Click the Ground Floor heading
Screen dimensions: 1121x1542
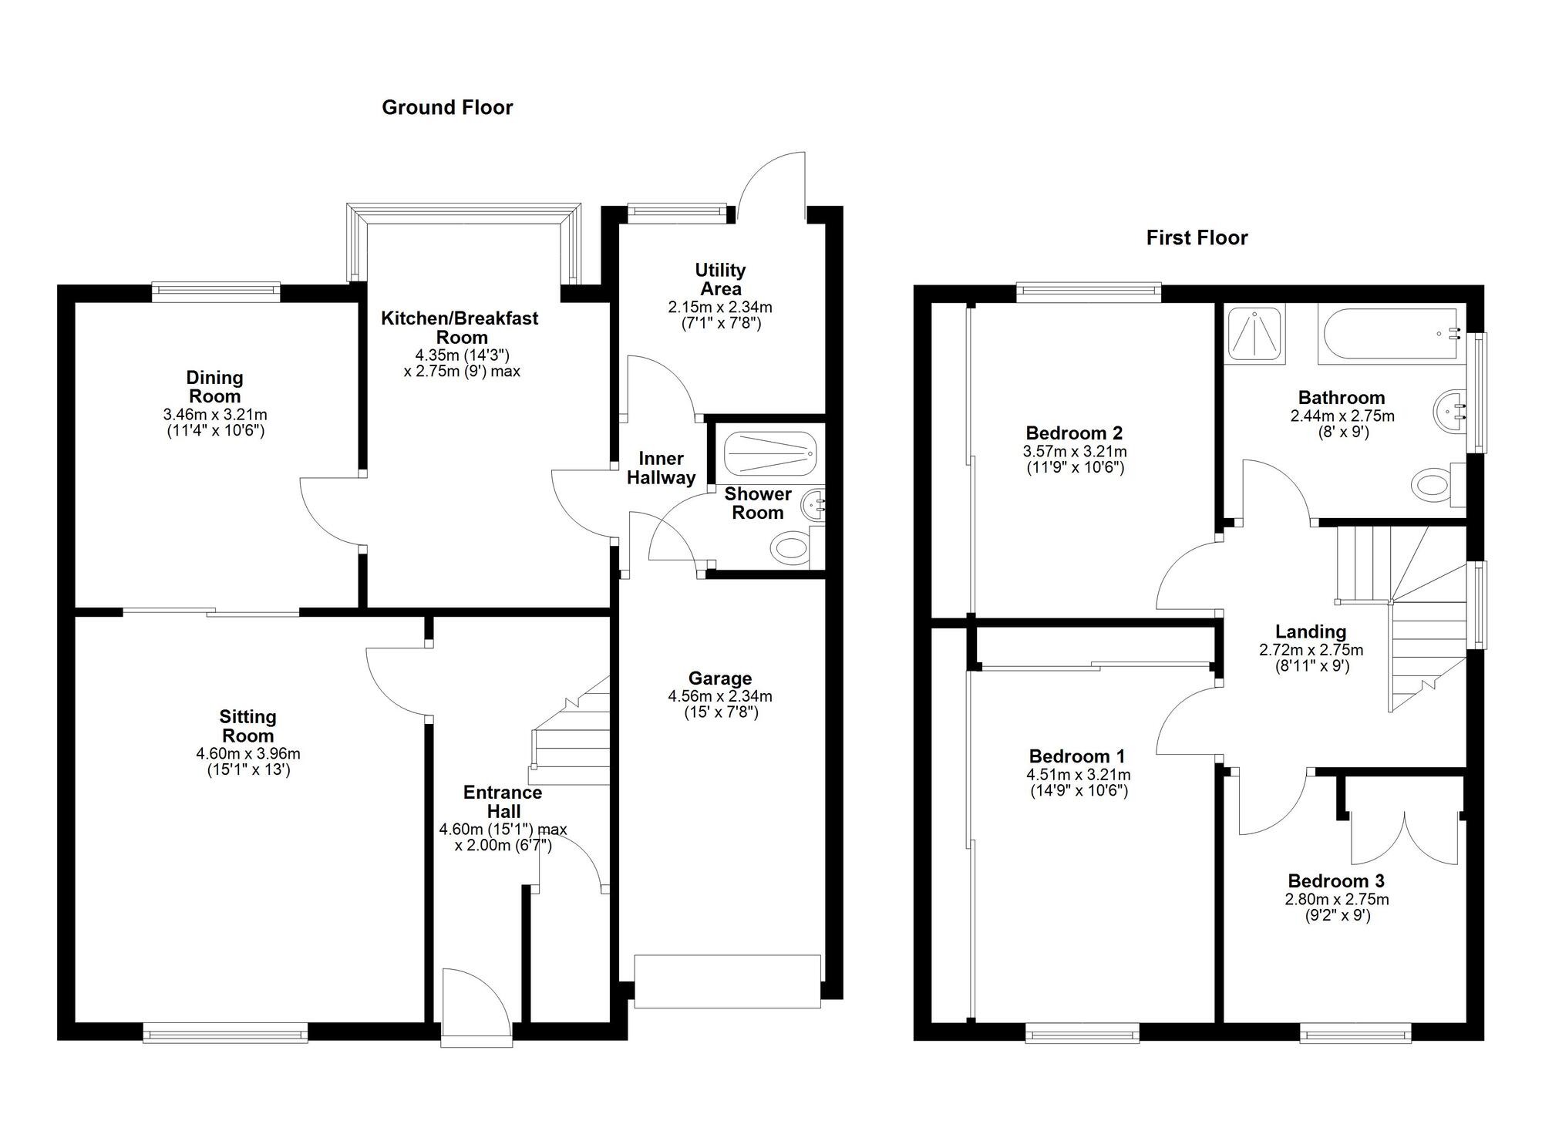(447, 107)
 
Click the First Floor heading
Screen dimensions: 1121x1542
(1197, 237)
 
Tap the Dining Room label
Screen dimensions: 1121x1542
(215, 387)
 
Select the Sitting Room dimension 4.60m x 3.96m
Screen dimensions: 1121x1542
(248, 753)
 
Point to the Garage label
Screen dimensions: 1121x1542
(720, 678)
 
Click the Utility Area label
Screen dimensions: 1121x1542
(720, 279)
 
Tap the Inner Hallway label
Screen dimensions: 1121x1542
(661, 468)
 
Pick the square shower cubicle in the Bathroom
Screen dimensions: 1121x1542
(1256, 333)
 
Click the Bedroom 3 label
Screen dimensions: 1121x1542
(1336, 880)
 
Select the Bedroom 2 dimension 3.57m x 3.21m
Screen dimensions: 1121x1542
(1075, 451)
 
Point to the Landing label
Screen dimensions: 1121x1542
(1311, 632)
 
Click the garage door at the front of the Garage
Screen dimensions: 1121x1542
(727, 981)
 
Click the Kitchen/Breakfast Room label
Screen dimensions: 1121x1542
(460, 328)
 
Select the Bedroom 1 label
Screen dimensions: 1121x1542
(1077, 756)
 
